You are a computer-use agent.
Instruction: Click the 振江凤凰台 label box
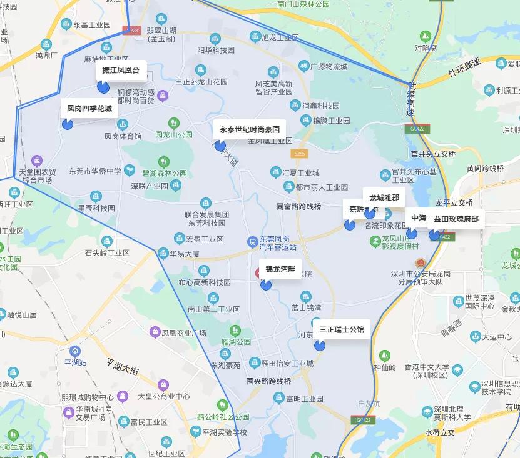(x=121, y=71)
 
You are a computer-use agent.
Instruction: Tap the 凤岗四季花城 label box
(x=89, y=109)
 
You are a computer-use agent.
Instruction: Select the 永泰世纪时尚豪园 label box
(x=249, y=130)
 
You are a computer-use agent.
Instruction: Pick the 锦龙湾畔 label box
(x=280, y=269)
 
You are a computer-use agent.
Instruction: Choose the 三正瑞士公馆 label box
(x=341, y=329)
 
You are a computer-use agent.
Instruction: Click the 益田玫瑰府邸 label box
(x=456, y=219)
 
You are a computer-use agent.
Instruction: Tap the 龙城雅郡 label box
(x=384, y=197)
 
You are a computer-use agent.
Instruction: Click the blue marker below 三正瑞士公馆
(x=320, y=345)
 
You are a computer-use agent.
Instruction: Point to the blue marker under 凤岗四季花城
(x=68, y=124)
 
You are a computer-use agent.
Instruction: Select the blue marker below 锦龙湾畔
(x=266, y=285)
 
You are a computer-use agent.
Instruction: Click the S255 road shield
(x=300, y=153)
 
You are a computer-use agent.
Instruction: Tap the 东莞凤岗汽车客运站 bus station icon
(x=252, y=240)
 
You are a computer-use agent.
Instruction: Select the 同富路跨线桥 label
(x=298, y=206)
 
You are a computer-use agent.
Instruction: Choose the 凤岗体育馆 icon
(x=123, y=124)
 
